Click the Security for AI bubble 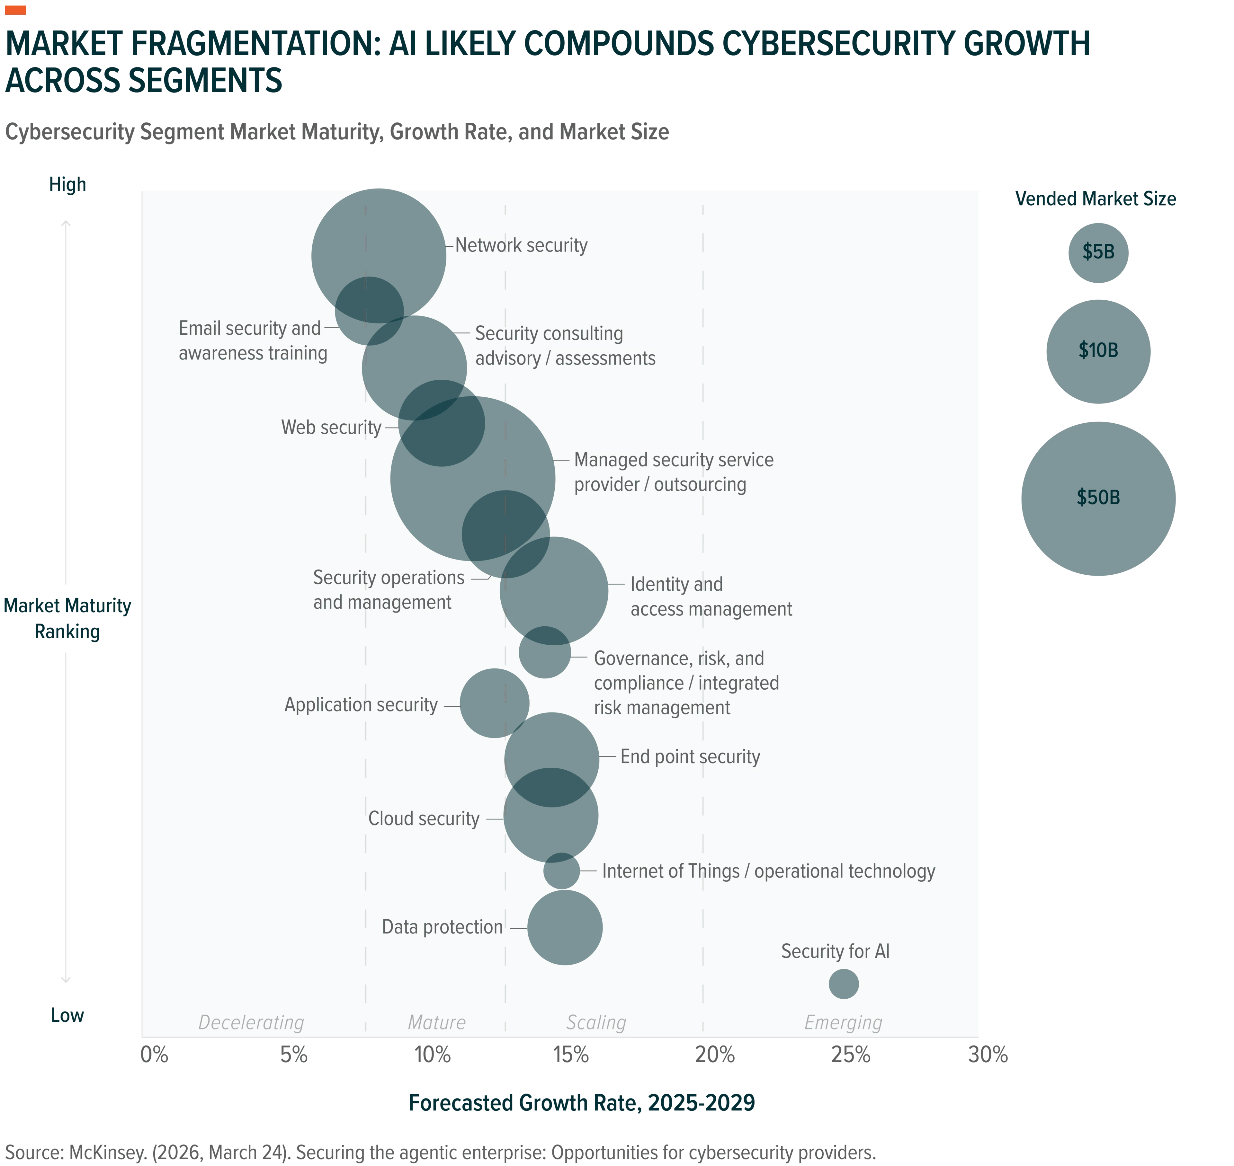click(x=844, y=984)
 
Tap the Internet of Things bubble click(x=561, y=871)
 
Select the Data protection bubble click(x=565, y=927)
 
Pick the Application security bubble click(x=494, y=703)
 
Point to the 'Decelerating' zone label click(x=251, y=1022)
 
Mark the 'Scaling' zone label click(x=596, y=1022)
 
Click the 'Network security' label click(x=521, y=245)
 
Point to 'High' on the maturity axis click(x=68, y=185)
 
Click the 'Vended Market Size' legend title click(x=1095, y=199)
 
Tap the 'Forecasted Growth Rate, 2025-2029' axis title click(x=582, y=1103)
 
